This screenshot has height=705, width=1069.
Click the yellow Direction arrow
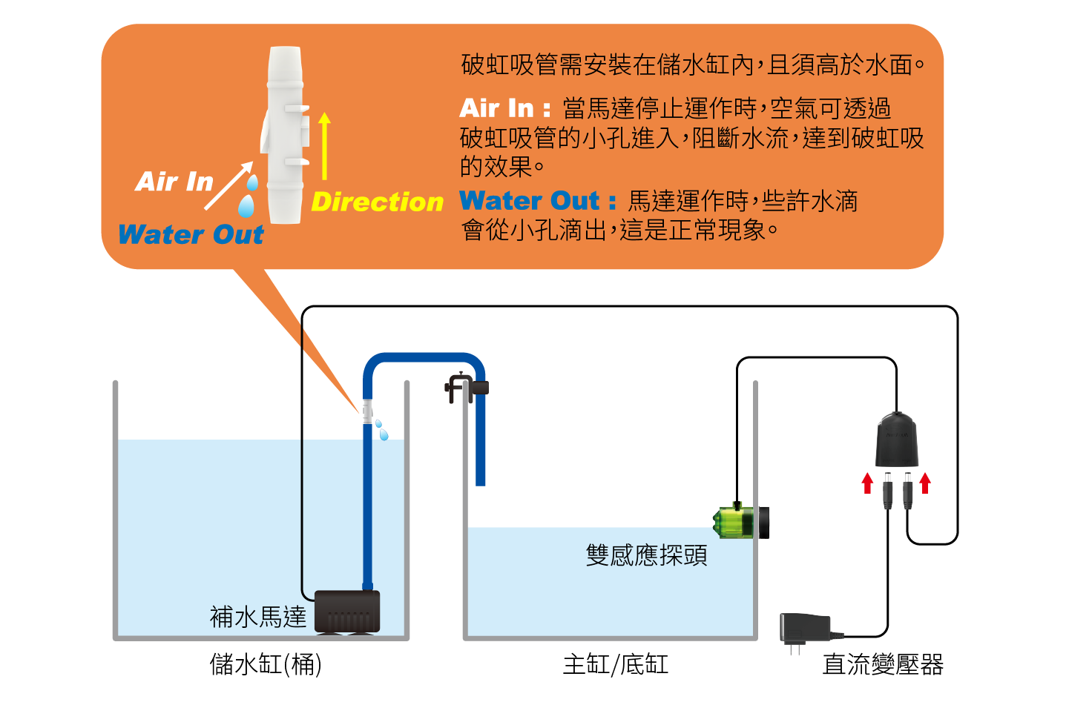click(x=324, y=146)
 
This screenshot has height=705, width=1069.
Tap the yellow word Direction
click(x=377, y=202)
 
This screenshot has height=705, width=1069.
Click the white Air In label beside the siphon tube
click(x=174, y=182)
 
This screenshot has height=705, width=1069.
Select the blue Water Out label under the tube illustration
click(x=191, y=234)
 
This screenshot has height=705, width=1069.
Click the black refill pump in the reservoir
click(x=347, y=611)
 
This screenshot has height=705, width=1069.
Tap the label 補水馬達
click(x=257, y=617)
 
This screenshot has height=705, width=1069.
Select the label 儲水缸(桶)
click(x=265, y=664)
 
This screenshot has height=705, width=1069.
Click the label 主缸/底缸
click(x=615, y=664)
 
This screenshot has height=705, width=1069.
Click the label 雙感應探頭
click(x=646, y=555)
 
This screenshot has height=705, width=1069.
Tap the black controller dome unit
click(x=896, y=440)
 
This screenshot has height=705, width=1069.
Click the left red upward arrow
click(x=867, y=483)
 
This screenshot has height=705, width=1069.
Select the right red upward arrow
click(x=925, y=483)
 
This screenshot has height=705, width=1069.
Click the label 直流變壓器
click(x=883, y=665)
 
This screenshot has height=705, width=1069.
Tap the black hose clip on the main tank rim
click(x=465, y=388)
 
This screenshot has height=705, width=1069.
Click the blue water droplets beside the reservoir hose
click(x=381, y=429)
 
